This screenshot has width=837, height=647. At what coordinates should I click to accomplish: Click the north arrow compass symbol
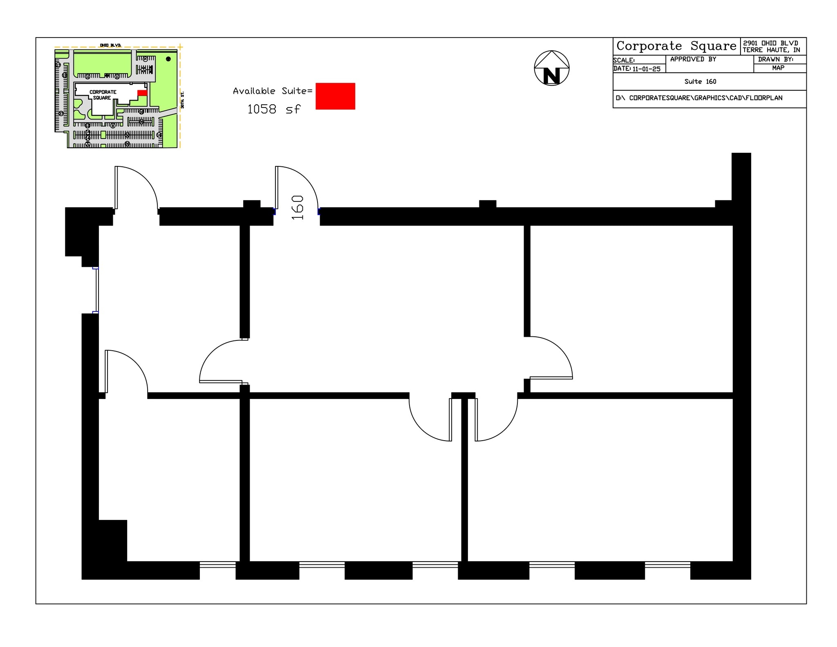551,68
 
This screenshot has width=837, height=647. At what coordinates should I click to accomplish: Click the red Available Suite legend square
335,96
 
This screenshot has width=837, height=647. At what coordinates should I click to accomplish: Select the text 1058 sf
273,109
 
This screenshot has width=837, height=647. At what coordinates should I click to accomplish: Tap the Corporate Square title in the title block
676,46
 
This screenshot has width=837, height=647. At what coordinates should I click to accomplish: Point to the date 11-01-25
646,69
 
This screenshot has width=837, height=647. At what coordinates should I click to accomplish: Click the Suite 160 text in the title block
700,82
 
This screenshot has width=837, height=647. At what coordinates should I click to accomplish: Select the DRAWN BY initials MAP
778,68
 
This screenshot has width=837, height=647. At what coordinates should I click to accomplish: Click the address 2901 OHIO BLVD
770,43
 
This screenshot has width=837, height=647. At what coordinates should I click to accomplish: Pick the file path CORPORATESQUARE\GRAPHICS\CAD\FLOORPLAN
705,98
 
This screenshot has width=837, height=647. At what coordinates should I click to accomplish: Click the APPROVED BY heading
693,59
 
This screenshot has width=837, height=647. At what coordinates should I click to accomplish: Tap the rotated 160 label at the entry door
298,207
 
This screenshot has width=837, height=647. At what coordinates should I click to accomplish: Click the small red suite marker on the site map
142,93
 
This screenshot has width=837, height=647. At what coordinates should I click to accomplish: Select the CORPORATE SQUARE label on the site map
103,95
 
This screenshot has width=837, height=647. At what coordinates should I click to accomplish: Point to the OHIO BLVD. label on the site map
110,45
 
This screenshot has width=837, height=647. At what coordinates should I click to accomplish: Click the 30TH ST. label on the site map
182,100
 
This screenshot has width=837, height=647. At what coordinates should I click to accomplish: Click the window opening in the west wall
96,290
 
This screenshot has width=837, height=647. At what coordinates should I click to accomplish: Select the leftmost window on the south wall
217,565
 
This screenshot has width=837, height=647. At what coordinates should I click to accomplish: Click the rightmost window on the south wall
667,565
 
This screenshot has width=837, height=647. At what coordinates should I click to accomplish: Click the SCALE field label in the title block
623,60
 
